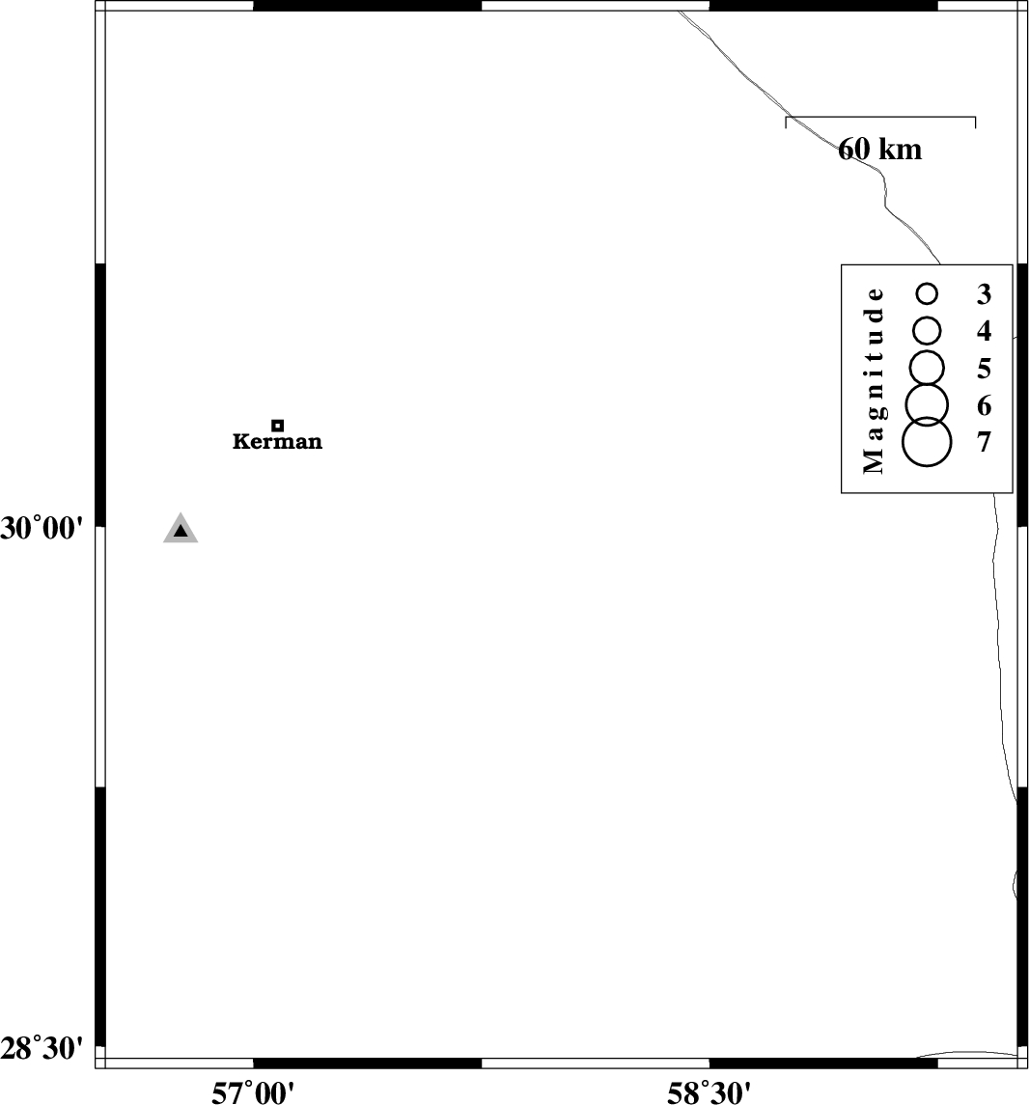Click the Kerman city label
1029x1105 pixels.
278,442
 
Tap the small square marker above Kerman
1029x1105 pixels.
278,426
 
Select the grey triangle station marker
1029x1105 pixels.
181,529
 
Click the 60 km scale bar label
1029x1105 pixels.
880,150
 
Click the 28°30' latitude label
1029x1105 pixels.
42,1050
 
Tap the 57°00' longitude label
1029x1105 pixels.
253,1093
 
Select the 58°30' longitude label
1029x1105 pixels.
709,1093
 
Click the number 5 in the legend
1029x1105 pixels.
984,369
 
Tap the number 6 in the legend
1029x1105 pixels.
984,406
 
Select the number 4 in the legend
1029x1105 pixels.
984,331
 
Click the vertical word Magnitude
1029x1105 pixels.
874,379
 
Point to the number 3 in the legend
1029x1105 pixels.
984,294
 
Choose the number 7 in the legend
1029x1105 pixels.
984,443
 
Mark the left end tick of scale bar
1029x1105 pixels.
786,123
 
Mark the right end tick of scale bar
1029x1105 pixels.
976,123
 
